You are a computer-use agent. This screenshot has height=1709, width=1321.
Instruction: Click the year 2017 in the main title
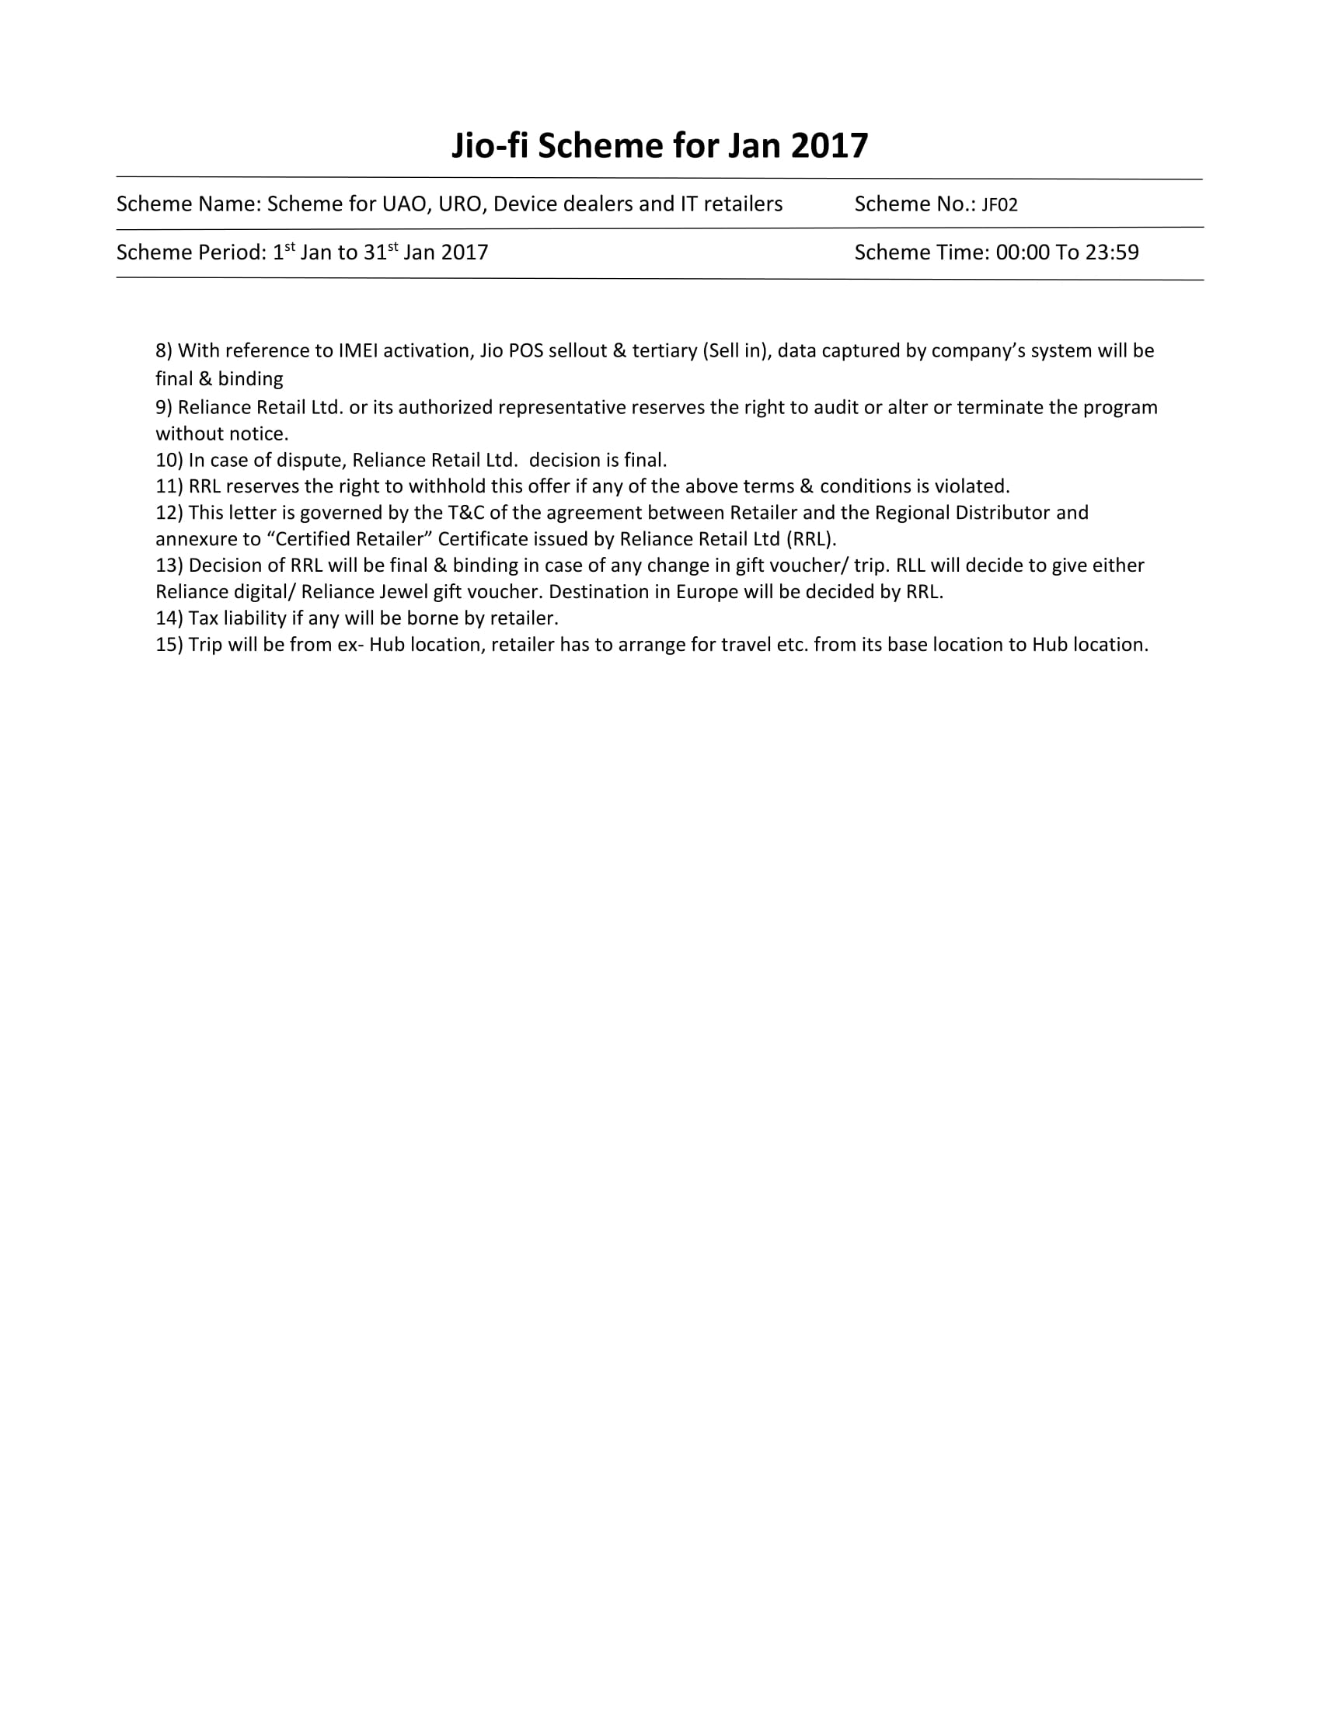(x=830, y=146)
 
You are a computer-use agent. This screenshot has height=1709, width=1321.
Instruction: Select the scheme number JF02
(x=999, y=205)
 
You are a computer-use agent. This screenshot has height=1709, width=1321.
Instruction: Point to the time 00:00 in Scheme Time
(x=1022, y=252)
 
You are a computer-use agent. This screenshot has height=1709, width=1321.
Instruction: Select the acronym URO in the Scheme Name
(x=460, y=204)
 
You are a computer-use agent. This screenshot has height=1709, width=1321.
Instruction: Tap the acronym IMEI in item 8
(x=357, y=350)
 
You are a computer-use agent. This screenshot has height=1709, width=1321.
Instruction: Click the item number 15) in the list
(x=169, y=646)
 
